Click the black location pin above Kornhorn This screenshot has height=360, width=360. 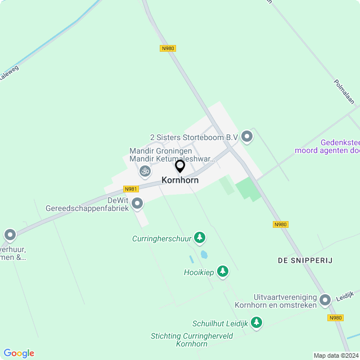click(x=180, y=166)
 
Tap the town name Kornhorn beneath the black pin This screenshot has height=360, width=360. click(x=180, y=181)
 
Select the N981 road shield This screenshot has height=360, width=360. click(x=131, y=189)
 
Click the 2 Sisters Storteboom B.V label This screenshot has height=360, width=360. click(x=193, y=137)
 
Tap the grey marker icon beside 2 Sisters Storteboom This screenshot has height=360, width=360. click(x=247, y=136)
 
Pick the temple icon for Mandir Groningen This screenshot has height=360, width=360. click(x=145, y=170)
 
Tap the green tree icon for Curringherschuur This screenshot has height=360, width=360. click(x=199, y=238)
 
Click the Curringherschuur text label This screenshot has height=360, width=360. click(x=162, y=238)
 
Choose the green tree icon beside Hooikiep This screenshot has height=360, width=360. click(x=223, y=272)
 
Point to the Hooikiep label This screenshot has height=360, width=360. click(x=199, y=272)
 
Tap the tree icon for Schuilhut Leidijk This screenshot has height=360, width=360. click(x=256, y=322)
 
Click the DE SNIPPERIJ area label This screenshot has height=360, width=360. click(x=305, y=260)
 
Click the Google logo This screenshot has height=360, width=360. click(x=19, y=353)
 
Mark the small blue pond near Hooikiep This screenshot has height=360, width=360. click(x=204, y=255)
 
